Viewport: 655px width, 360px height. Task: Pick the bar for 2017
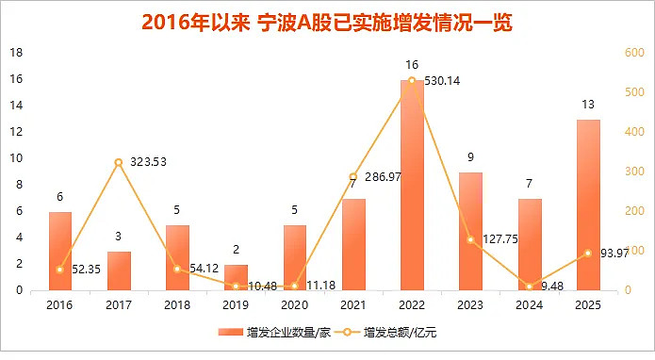pyautogui.click(x=119, y=270)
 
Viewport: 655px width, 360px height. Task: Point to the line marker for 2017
pyautogui.click(x=119, y=163)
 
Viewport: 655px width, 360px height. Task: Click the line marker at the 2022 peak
pyautogui.click(x=412, y=81)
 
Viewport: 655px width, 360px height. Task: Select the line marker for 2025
pyautogui.click(x=588, y=253)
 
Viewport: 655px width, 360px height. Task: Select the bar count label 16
pyautogui.click(x=412, y=65)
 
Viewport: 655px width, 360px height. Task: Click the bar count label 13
pyautogui.click(x=588, y=105)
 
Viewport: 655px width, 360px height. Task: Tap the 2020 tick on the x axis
pyautogui.click(x=294, y=304)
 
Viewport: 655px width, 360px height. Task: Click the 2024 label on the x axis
pyautogui.click(x=529, y=304)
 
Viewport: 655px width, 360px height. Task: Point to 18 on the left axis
pyautogui.click(x=16, y=53)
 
